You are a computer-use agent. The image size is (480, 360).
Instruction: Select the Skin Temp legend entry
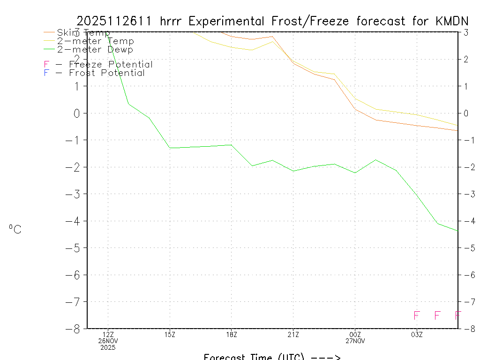pyautogui.click(x=83, y=32)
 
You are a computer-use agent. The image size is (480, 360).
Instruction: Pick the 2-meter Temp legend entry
pyautogui.click(x=95, y=41)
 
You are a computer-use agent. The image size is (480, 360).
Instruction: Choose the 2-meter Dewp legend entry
pyautogui.click(x=95, y=49)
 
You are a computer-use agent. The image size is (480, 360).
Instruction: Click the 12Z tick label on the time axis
pyautogui.click(x=108, y=334)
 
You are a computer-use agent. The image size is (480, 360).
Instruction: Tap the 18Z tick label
pyautogui.click(x=232, y=334)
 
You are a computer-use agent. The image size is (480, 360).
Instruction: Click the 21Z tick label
pyautogui.click(x=293, y=334)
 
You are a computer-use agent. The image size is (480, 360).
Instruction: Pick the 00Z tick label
pyautogui.click(x=355, y=334)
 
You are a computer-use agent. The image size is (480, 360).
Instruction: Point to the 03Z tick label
pyautogui.click(x=417, y=334)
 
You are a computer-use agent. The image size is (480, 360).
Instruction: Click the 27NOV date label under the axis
pyautogui.click(x=355, y=341)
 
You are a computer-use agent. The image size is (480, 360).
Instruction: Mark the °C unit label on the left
pyautogui.click(x=15, y=229)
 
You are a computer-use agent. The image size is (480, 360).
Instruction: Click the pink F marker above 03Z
pyautogui.click(x=416, y=315)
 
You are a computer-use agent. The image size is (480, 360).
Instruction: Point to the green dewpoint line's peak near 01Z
pyautogui.click(x=375, y=160)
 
